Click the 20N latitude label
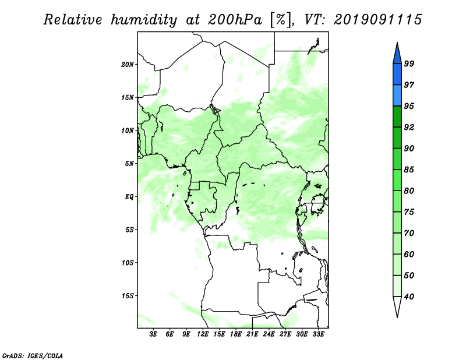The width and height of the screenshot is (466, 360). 128,65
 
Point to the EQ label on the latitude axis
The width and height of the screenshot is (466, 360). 129,197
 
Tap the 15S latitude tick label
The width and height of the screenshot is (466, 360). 128,296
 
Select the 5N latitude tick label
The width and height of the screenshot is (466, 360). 129,164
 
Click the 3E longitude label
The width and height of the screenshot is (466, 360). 153,334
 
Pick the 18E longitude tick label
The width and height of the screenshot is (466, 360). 236,334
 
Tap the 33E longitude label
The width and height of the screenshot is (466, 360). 318,334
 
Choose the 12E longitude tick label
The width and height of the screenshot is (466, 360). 203,334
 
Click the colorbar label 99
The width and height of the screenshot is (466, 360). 409,63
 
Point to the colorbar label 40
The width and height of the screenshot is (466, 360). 409,297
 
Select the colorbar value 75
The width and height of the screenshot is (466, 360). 409,211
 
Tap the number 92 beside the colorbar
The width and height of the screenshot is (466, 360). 409,127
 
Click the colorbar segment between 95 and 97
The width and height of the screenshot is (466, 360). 397,96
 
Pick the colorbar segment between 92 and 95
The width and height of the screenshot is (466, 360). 397,117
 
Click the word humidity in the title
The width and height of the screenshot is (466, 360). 144,20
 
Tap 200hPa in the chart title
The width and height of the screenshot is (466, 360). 235,20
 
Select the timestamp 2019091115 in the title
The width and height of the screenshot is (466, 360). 377,20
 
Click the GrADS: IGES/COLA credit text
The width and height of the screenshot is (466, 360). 33,355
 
